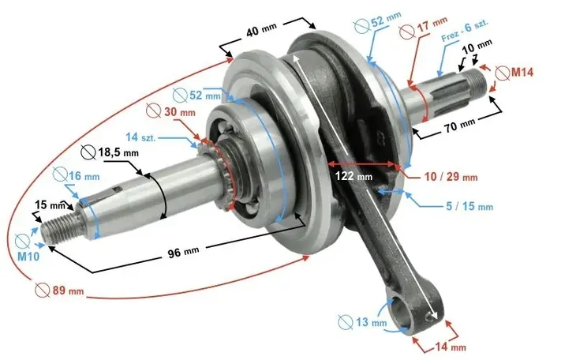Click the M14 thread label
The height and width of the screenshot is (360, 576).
point(522,73)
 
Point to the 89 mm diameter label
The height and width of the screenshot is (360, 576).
point(68,291)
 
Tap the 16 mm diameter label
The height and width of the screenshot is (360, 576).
point(84,176)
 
